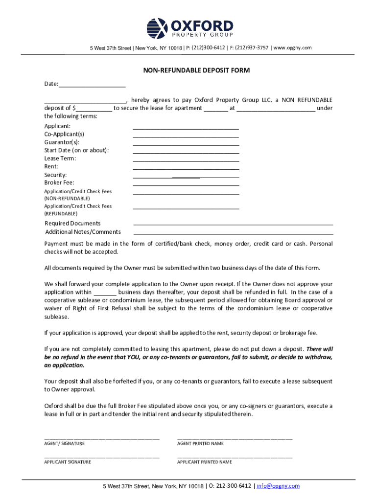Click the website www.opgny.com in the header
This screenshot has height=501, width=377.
pyautogui.click(x=293, y=47)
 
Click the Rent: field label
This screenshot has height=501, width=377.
pyautogui.click(x=51, y=166)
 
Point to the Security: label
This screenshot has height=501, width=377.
pyautogui.click(x=56, y=175)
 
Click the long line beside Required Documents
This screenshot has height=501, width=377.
pyautogui.click(x=233, y=224)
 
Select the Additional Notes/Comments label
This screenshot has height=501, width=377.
pyautogui.click(x=83, y=232)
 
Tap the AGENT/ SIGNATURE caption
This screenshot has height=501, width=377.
pyautogui.click(x=65, y=443)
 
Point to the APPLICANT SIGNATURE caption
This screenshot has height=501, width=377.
pyautogui.click(x=68, y=462)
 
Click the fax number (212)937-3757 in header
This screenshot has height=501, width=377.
pyautogui.click(x=251, y=47)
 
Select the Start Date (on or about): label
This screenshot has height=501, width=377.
pyautogui.click(x=77, y=150)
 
